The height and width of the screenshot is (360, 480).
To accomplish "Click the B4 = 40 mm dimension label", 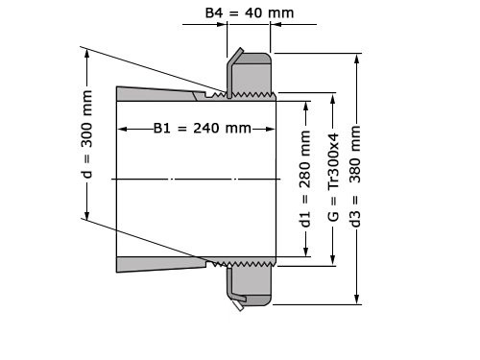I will (x=250, y=13).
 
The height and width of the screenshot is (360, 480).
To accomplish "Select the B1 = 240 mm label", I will (x=202, y=129).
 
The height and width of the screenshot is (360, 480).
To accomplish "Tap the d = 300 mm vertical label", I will (x=87, y=135).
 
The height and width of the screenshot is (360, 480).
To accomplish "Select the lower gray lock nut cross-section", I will (x=252, y=284).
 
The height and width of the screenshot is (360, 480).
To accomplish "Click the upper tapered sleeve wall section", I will (x=158, y=94).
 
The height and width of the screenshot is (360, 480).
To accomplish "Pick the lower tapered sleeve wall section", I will (x=158, y=264).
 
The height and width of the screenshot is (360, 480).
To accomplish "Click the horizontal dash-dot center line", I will (x=192, y=180).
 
